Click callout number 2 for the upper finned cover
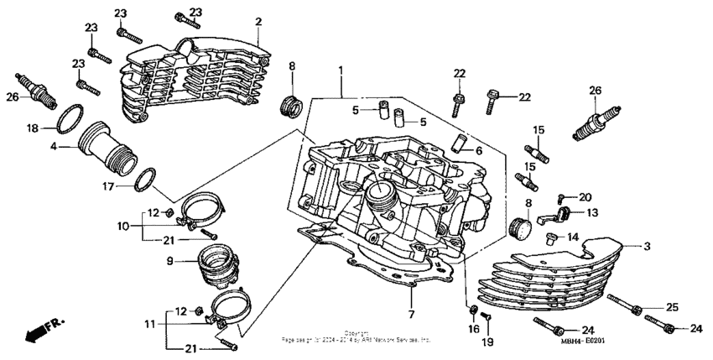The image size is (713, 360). coord(258,21)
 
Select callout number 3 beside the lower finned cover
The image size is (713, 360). coord(647,246)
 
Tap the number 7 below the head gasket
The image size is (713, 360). coord(411,314)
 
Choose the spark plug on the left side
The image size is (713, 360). coord(37,90)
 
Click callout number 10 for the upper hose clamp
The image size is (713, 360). coord(122,227)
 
